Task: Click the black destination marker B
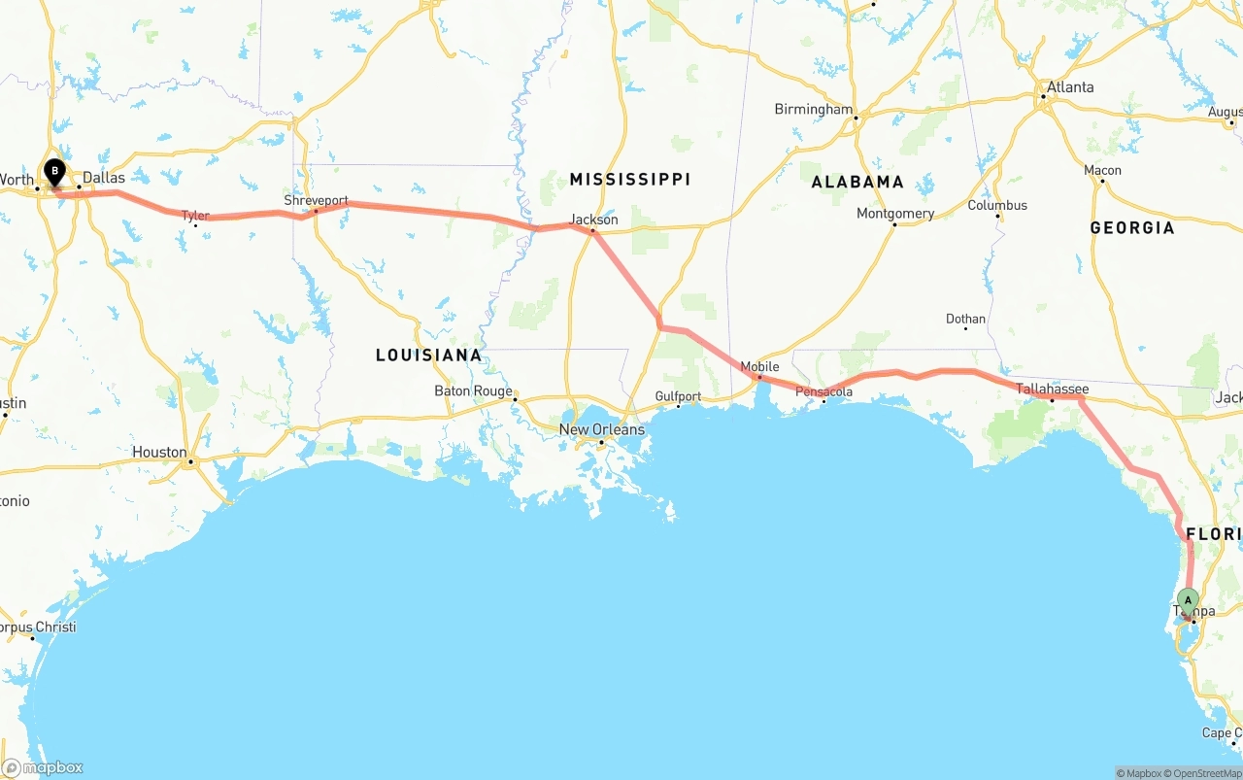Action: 55,173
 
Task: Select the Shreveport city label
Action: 316,200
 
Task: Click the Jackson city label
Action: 593,220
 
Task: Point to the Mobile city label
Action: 759,366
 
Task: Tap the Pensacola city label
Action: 823,391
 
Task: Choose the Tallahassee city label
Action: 1052,389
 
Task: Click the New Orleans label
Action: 601,429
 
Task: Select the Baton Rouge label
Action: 473,391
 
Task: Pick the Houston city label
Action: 159,452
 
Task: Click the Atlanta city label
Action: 1068,87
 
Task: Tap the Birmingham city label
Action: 813,109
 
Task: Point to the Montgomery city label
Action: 894,214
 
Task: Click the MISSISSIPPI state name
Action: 629,179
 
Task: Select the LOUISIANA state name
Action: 428,355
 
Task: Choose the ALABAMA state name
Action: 857,182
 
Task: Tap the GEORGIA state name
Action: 1131,227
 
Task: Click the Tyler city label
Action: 195,216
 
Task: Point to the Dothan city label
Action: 965,319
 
